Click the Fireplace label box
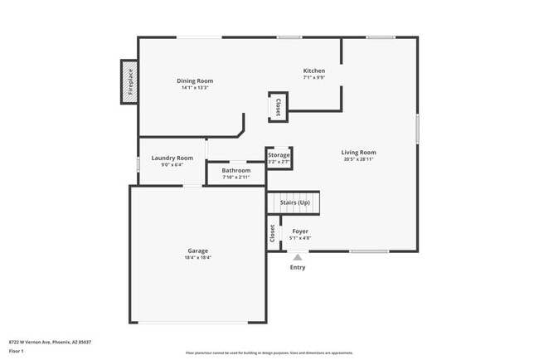coord(129,82)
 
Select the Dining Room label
coord(195,80)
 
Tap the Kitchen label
coord(314,71)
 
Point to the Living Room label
coord(358,152)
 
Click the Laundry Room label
coord(172,158)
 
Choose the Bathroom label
coord(236,170)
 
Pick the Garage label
coord(197,251)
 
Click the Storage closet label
coord(279,155)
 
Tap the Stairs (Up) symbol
coord(294,202)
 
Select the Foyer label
coord(299,231)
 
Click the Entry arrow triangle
coord(298,257)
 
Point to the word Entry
coord(298,267)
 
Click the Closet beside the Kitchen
coord(278,107)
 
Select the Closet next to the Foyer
coord(272,233)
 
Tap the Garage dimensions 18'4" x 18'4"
coord(197,258)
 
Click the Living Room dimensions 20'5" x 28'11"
coord(358,159)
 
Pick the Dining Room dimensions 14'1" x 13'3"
coord(195,88)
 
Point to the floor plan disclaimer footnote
coord(269,353)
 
